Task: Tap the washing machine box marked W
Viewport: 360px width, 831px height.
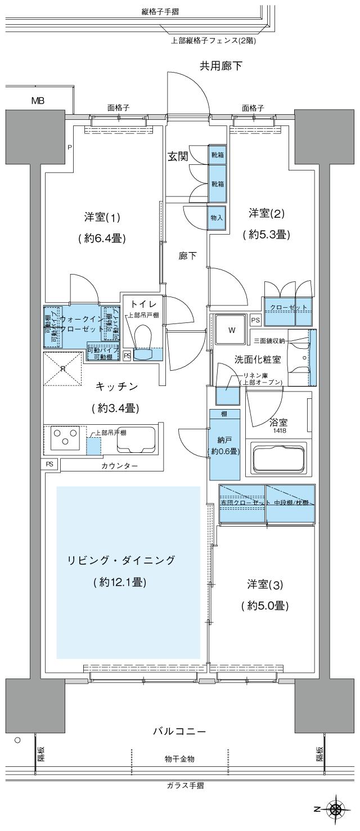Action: coord(231,331)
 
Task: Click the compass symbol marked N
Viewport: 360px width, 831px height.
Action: coord(336,810)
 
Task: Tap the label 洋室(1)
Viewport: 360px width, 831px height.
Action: coord(102,217)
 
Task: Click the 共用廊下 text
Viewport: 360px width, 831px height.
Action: coord(221,66)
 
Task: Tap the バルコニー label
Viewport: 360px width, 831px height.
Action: coord(179,731)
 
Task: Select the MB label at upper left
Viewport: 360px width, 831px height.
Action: coord(38,101)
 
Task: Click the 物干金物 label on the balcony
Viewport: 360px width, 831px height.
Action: coord(180,759)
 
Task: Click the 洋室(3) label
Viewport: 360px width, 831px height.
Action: coord(265,585)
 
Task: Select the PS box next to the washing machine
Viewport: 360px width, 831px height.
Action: coord(255,321)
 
